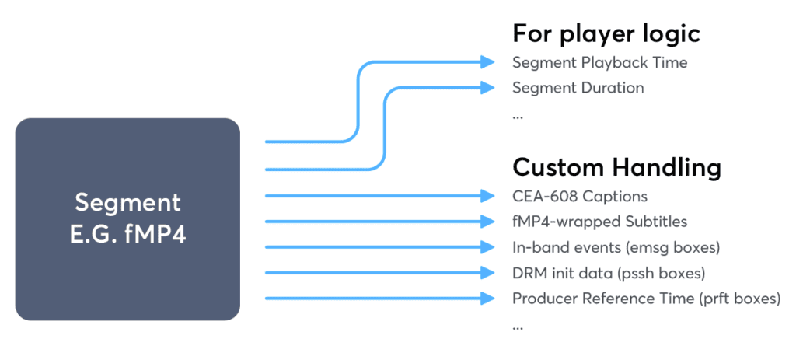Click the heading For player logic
pyautogui.click(x=606, y=33)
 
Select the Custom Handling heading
pyautogui.click(x=616, y=167)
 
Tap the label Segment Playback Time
pyautogui.click(x=599, y=62)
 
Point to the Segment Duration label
pyautogui.click(x=578, y=88)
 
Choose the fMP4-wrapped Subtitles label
pyautogui.click(x=599, y=222)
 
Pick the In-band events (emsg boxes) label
pyautogui.click(x=616, y=247)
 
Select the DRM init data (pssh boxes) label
pyautogui.click(x=609, y=273)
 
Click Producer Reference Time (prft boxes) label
pyautogui.click(x=646, y=299)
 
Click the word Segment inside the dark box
pyautogui.click(x=127, y=203)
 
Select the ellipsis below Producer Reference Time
pyautogui.click(x=518, y=327)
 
